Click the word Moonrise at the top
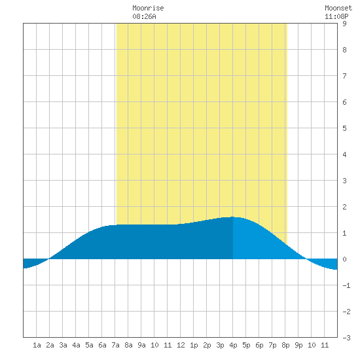148,8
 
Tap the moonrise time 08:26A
144,16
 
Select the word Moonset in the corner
338,8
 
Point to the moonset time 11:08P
336,16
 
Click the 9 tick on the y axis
344,24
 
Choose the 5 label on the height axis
344,128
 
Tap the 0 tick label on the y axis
344,259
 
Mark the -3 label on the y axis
346,338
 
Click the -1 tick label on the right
346,285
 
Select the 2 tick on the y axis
344,207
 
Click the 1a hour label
37,345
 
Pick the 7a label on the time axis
115,345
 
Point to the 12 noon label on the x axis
181,345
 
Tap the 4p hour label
233,345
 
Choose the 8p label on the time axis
285,345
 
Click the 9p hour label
298,345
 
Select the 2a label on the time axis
50,345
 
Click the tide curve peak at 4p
233,217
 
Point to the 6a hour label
102,345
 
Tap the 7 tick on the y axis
344,76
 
